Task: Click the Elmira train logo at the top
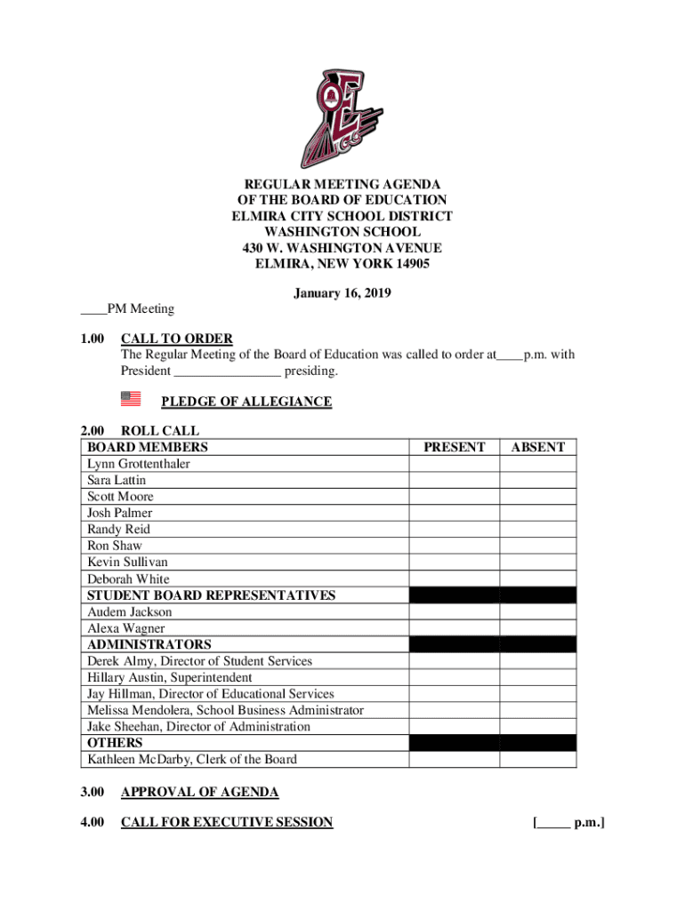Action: pos(342,117)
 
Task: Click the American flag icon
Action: pos(130,399)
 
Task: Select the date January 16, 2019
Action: pos(342,293)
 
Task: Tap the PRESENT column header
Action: pos(454,448)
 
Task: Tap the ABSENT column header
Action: pos(537,448)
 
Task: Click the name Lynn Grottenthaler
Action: pos(138,464)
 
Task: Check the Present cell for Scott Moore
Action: pos(454,497)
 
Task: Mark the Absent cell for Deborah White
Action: pos(537,579)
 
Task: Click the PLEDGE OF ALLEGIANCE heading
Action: pos(246,402)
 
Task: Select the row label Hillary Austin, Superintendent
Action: pos(169,677)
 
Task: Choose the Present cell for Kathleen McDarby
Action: pos(454,759)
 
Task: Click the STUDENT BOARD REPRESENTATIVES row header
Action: pos(211,595)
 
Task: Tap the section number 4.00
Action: pos(93,822)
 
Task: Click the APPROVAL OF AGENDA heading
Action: pos(199,792)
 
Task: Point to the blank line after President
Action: pos(228,371)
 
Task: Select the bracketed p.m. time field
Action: pos(568,822)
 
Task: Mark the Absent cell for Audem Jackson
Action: pos(537,611)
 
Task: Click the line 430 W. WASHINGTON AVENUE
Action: pos(342,249)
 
